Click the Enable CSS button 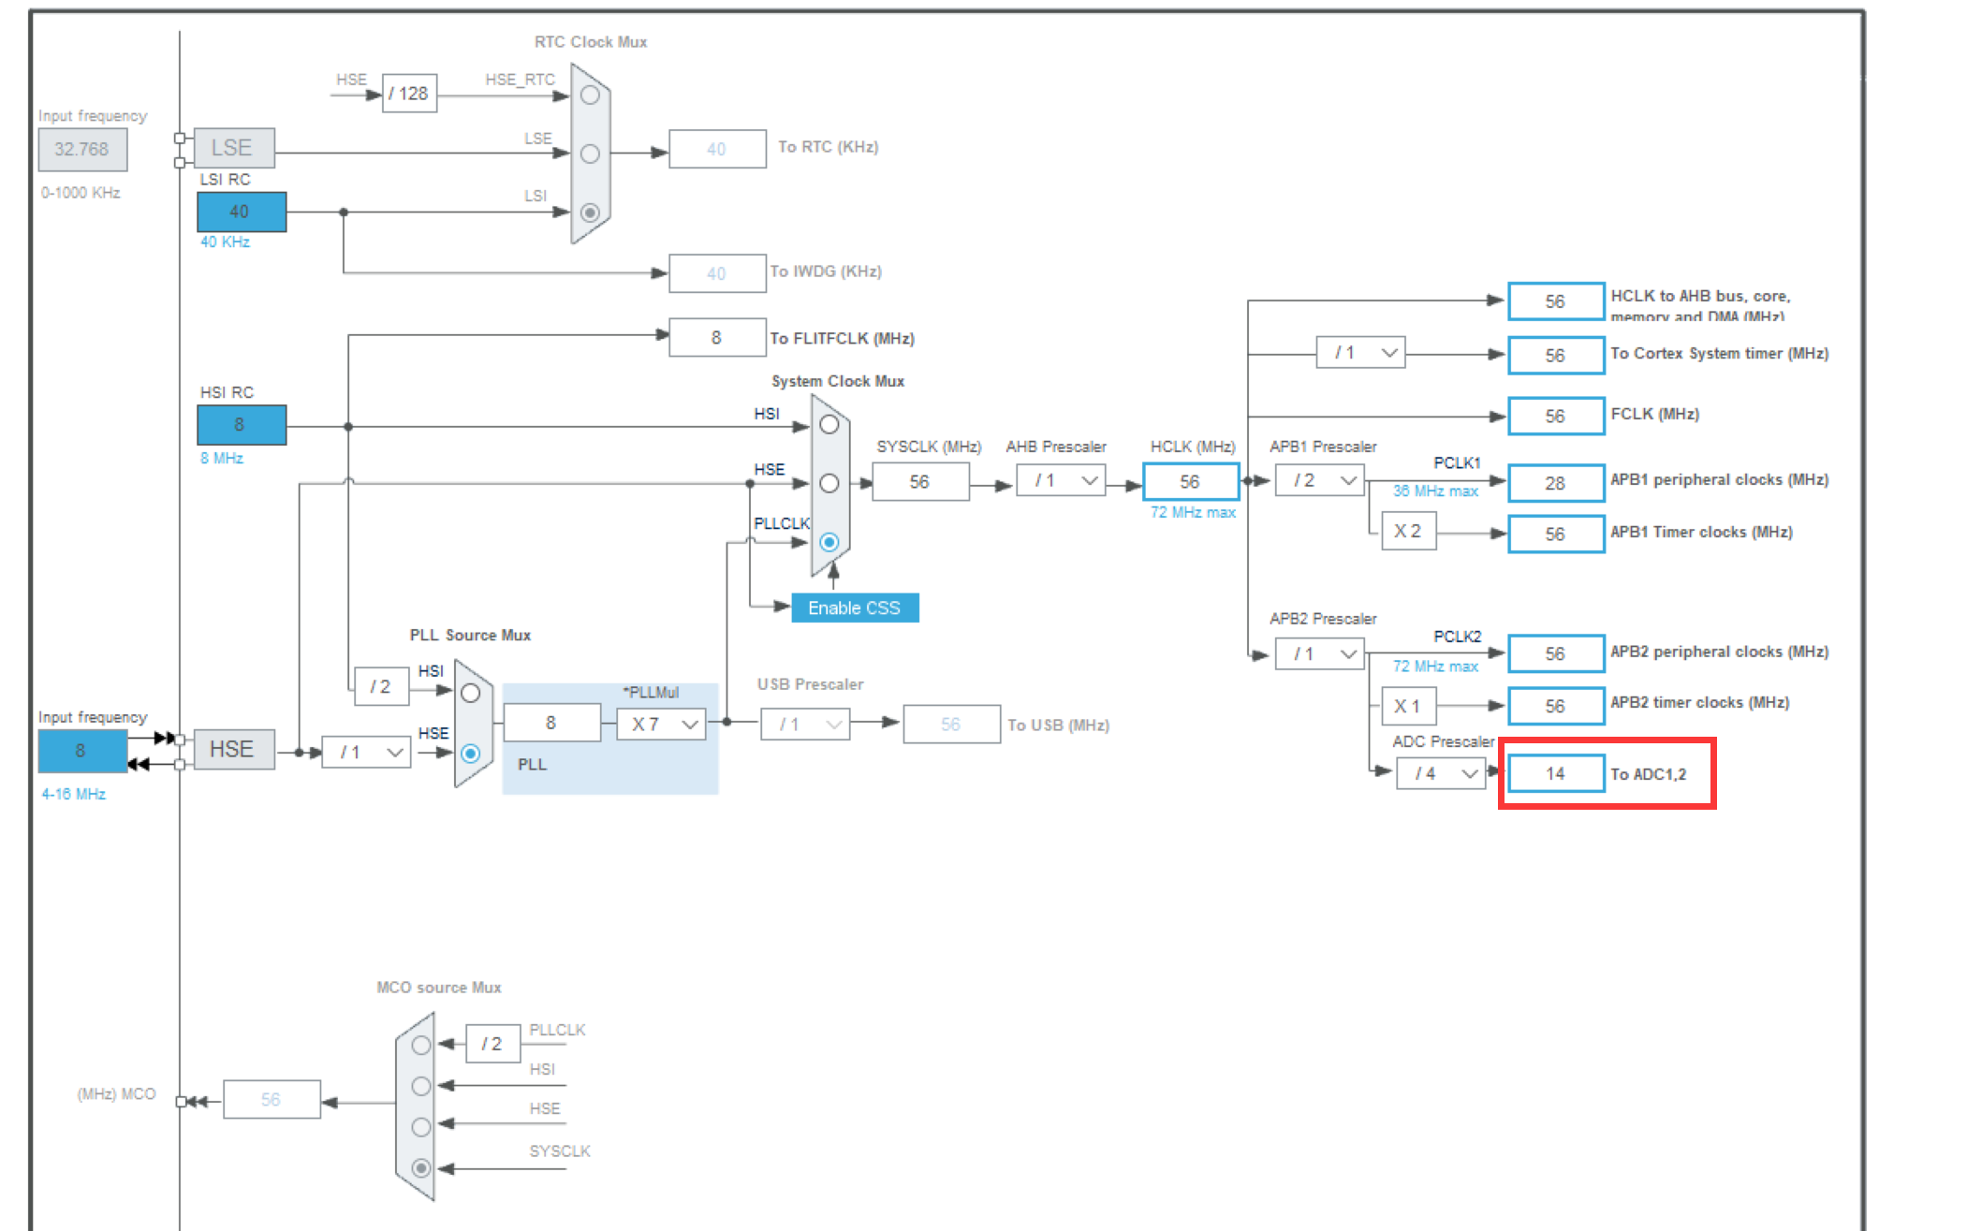point(854,608)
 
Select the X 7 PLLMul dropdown point(661,724)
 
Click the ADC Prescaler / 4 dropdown point(1441,773)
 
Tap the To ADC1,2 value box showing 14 point(1555,773)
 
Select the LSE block point(233,148)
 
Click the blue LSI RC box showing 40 point(241,212)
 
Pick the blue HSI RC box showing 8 point(241,425)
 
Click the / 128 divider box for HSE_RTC point(409,94)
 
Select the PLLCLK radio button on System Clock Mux point(829,542)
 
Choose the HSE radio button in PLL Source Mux point(471,753)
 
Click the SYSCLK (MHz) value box point(919,481)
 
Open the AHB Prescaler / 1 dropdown point(1061,481)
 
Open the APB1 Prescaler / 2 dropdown point(1318,480)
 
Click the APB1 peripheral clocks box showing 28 point(1555,483)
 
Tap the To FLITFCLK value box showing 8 point(716,338)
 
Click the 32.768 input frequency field point(82,149)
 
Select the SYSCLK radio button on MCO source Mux point(421,1167)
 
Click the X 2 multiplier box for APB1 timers point(1408,532)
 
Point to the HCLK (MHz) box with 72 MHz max point(1190,481)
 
